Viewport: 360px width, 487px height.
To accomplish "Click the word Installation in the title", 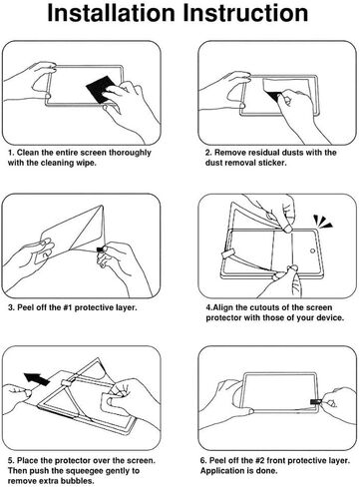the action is [111, 13].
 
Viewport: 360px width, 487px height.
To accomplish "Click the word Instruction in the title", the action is [245, 13].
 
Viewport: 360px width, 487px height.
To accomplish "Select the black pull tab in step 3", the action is [100, 249].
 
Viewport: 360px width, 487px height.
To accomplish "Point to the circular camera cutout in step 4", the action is [312, 250].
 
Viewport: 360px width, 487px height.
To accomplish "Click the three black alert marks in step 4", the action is [322, 222].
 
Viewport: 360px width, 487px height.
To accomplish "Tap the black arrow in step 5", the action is [37, 379].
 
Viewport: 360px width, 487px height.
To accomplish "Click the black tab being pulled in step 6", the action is [315, 402].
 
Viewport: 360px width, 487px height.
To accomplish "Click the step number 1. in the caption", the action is [11, 153].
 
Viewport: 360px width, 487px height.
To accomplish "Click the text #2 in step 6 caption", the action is [260, 461].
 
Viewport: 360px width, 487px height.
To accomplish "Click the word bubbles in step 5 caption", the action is [80, 481].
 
